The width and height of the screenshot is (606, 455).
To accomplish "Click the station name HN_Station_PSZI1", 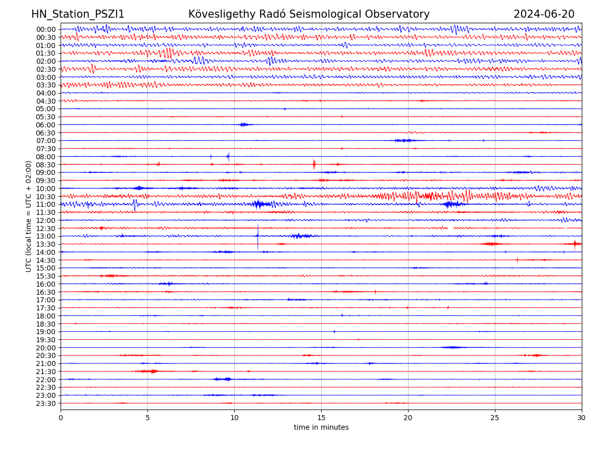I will click(x=78, y=14).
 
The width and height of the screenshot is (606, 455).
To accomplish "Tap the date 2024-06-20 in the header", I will click(x=544, y=14).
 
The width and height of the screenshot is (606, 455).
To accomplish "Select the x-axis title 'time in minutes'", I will click(x=321, y=427).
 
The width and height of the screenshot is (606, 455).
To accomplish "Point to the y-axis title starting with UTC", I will click(x=29, y=216).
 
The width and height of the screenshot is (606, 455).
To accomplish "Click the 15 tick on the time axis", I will click(x=321, y=418).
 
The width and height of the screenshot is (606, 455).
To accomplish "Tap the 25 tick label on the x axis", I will click(x=495, y=418).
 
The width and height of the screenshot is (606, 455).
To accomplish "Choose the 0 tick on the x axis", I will click(x=61, y=418).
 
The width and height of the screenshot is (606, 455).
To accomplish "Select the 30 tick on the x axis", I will click(x=582, y=418).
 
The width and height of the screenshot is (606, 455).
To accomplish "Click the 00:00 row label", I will click(x=46, y=29).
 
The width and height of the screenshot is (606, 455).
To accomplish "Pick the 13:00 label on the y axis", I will click(x=46, y=236).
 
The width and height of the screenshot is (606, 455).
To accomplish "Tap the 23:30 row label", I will click(x=46, y=403).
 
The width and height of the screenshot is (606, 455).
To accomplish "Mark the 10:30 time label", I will click(x=46, y=196).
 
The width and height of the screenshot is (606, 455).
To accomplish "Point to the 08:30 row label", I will click(x=46, y=164).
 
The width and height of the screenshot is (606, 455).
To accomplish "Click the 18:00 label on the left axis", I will click(x=46, y=315).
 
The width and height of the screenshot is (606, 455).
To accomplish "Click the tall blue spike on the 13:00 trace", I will click(x=258, y=235).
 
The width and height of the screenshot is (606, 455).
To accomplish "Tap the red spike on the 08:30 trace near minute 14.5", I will click(x=314, y=164).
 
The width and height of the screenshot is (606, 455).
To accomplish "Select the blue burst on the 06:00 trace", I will click(x=244, y=124).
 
